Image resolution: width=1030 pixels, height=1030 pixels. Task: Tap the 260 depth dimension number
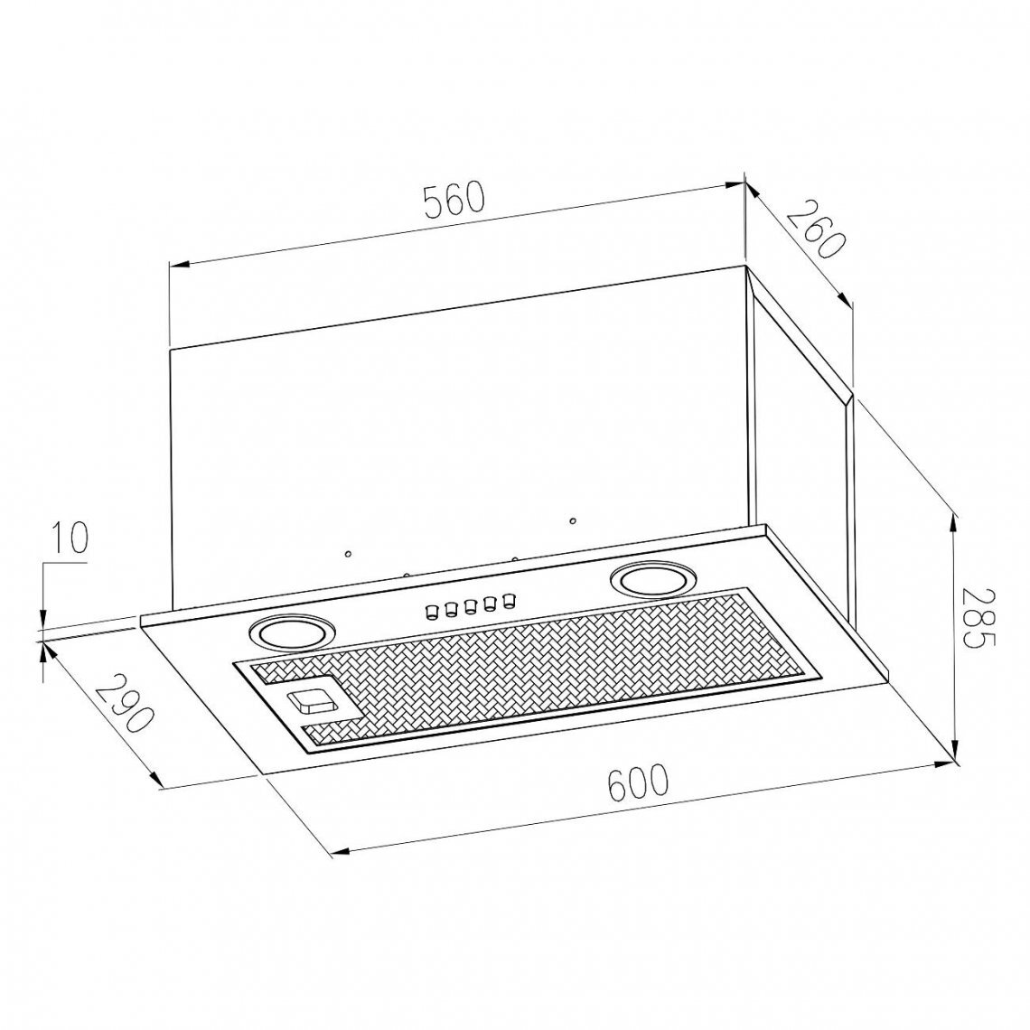pyautogui.click(x=814, y=229)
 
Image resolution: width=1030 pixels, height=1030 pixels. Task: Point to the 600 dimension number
pyautogui.click(x=637, y=782)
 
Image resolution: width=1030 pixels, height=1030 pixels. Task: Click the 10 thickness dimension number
pyautogui.click(x=69, y=539)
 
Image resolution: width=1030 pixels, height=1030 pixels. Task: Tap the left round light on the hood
pyautogui.click(x=290, y=634)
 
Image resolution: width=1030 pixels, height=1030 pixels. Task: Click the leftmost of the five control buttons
pyautogui.click(x=432, y=613)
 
